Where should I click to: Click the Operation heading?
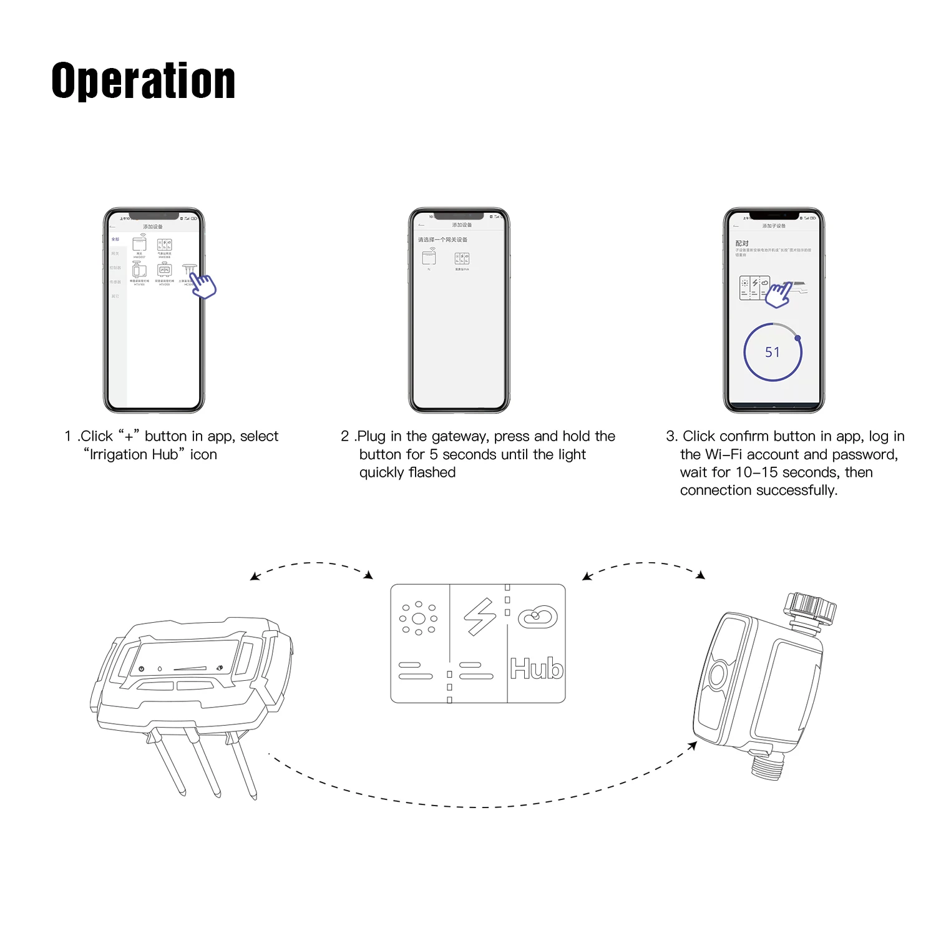[143, 80]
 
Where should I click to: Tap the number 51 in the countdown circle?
[773, 353]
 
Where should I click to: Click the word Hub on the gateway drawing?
[537, 668]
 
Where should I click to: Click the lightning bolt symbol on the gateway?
[479, 617]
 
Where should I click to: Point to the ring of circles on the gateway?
[419, 618]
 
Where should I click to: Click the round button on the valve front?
[717, 675]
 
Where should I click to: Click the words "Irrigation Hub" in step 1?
[134, 455]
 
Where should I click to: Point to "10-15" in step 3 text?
[756, 472]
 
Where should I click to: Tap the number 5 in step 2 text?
[434, 455]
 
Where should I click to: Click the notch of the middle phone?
[459, 216]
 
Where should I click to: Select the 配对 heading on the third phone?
[741, 243]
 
